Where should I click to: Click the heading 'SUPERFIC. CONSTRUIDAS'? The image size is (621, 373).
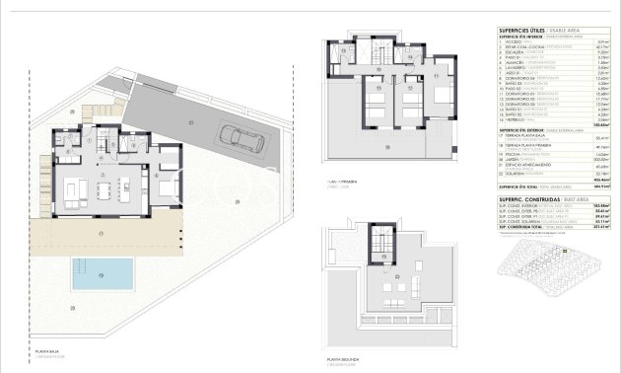(525, 198)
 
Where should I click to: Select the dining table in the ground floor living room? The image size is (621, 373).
(103, 185)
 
